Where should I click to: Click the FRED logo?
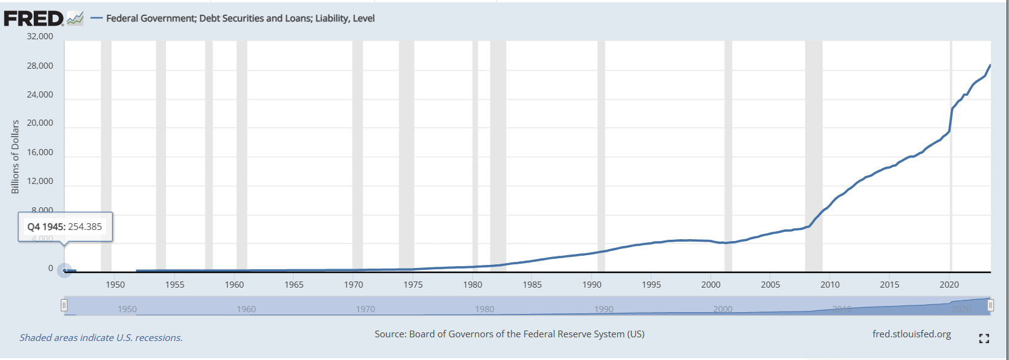(x=34, y=18)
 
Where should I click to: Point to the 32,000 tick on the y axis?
(x=40, y=36)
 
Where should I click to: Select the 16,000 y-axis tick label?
(x=40, y=152)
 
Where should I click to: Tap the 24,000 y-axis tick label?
(x=40, y=94)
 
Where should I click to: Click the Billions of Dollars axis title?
(x=15, y=157)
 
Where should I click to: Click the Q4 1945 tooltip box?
(x=65, y=227)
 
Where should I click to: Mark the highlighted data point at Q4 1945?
(x=64, y=270)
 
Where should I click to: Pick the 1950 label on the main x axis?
(x=115, y=285)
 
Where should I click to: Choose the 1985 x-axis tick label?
(x=532, y=285)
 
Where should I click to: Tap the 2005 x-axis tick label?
(x=771, y=285)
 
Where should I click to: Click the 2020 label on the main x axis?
(x=949, y=285)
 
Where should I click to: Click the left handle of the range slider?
(x=64, y=305)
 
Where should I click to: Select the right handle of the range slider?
(x=990, y=305)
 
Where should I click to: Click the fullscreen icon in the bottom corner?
(x=984, y=339)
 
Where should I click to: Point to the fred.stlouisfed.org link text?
(x=912, y=334)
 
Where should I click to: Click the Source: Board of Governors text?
(x=509, y=334)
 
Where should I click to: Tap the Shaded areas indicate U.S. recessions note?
(x=101, y=338)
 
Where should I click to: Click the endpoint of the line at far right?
(x=990, y=65)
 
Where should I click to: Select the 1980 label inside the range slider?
(x=484, y=309)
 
